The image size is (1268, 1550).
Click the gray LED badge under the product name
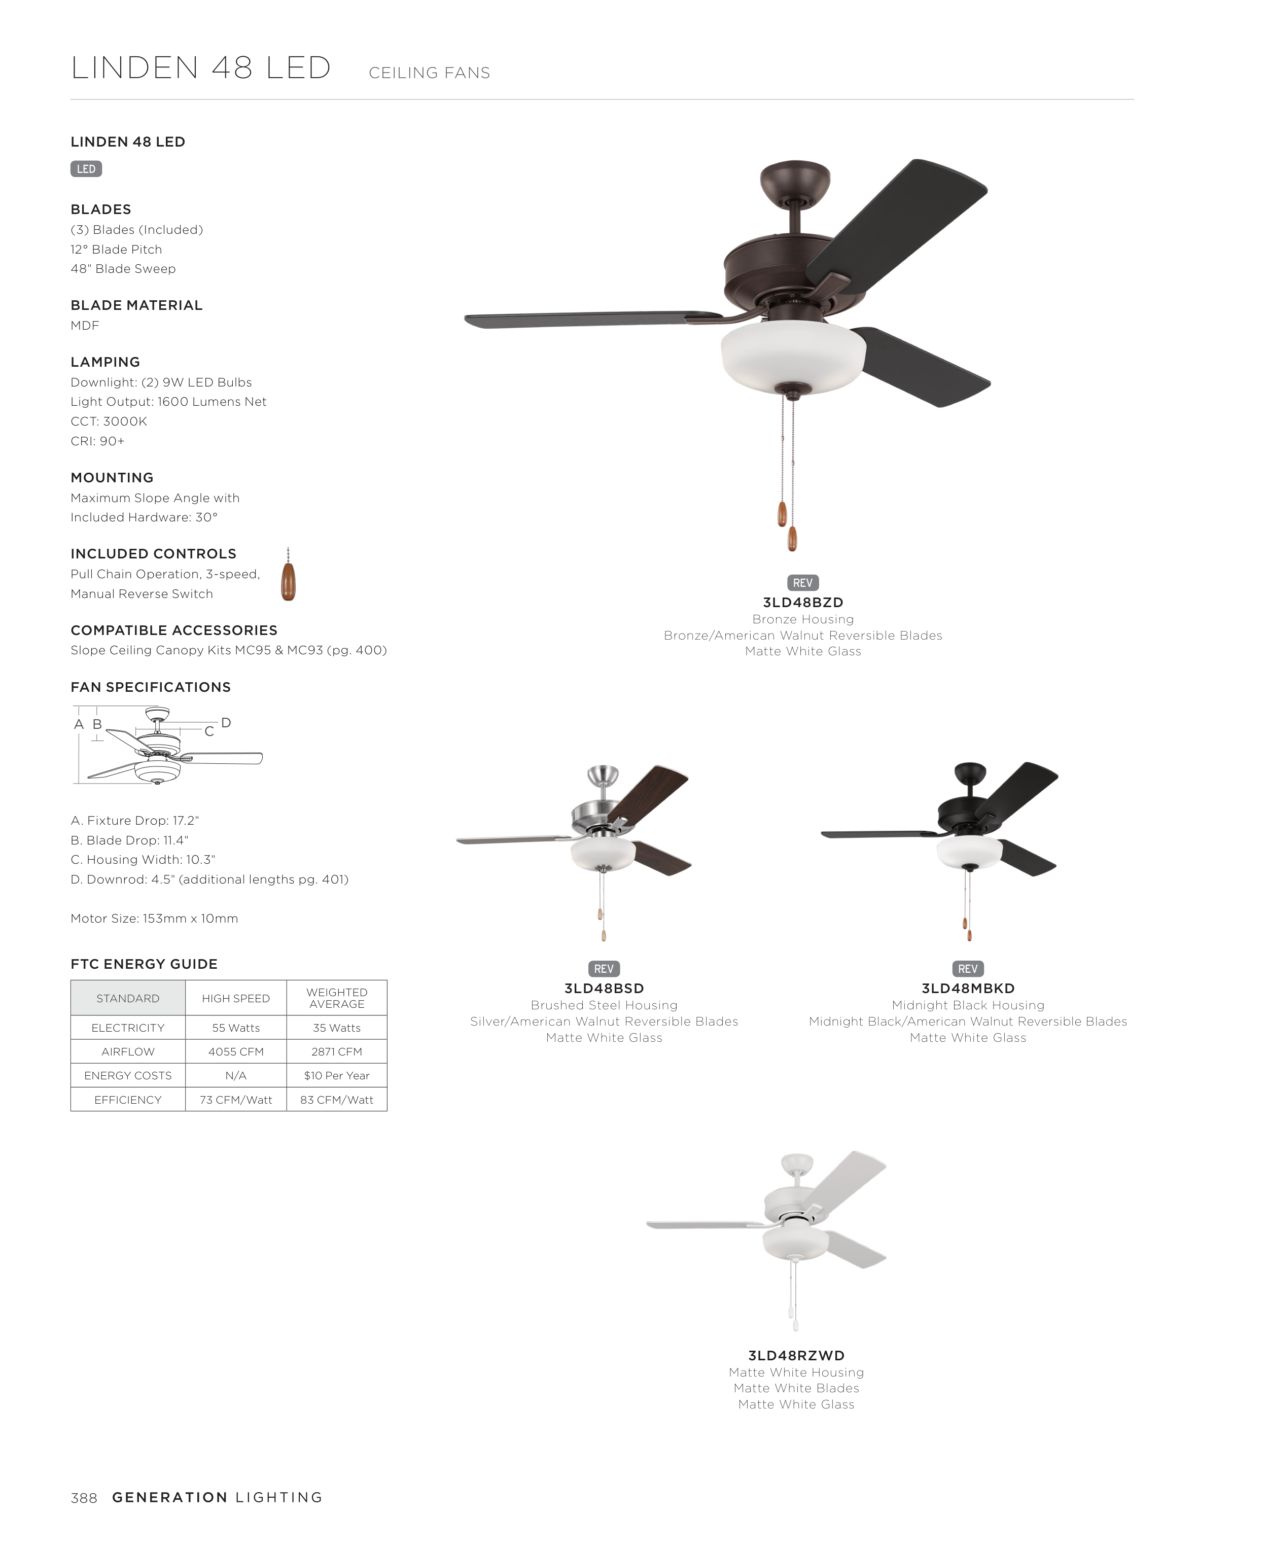[x=86, y=169]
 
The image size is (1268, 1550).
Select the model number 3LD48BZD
[x=803, y=603]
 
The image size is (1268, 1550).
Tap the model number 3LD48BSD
[x=604, y=989]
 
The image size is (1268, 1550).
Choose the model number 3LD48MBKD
[x=968, y=989]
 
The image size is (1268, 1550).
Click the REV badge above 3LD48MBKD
[x=968, y=969]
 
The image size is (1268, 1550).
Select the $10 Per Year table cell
[x=337, y=1075]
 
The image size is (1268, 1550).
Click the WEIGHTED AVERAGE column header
[x=337, y=998]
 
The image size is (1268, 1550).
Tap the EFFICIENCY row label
[x=128, y=1099]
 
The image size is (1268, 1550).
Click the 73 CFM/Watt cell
[x=236, y=1099]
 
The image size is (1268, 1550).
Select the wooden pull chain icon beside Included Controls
[x=289, y=579]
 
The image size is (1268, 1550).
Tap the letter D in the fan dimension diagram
[x=226, y=722]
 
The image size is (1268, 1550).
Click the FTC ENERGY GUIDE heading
[x=144, y=964]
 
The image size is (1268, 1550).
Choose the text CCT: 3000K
[x=109, y=421]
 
